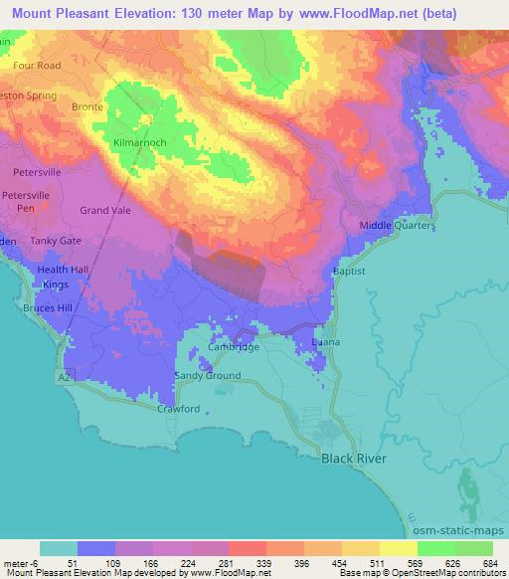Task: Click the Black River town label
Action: (x=352, y=459)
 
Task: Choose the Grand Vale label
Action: (x=106, y=210)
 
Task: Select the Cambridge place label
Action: (x=234, y=347)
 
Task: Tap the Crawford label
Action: (x=179, y=409)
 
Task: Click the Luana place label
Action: (x=326, y=342)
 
